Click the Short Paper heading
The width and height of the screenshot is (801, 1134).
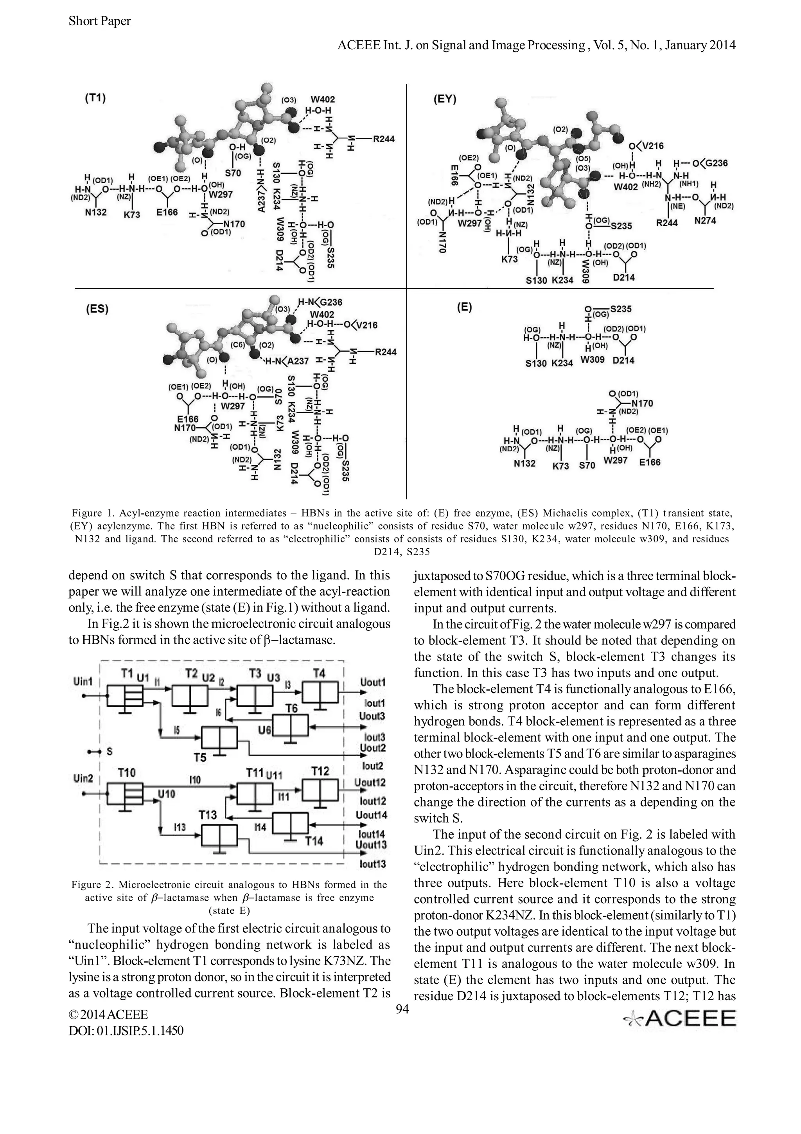pyautogui.click(x=100, y=21)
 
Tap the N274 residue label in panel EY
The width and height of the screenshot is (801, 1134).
pyautogui.click(x=705, y=221)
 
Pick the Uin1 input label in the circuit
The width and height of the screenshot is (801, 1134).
pyautogui.click(x=83, y=682)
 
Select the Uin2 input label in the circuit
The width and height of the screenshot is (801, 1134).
pyautogui.click(x=83, y=779)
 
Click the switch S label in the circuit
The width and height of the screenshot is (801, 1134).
pyautogui.click(x=109, y=751)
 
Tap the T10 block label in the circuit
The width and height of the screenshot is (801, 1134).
pyautogui.click(x=127, y=772)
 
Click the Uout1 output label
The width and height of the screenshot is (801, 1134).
pyautogui.click(x=373, y=682)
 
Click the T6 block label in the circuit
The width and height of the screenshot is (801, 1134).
pyautogui.click(x=292, y=709)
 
